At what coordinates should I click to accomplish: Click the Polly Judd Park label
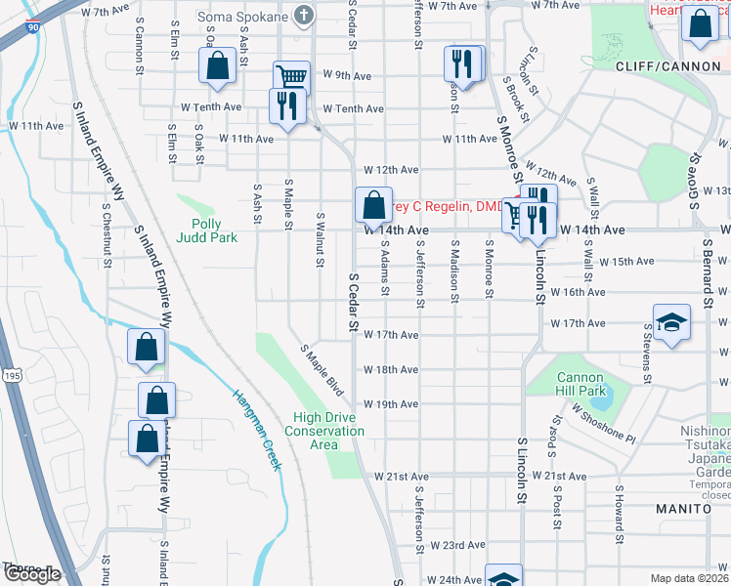pyautogui.click(x=207, y=230)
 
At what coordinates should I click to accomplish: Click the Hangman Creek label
pyautogui.click(x=257, y=430)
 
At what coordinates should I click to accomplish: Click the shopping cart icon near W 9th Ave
pyautogui.click(x=291, y=77)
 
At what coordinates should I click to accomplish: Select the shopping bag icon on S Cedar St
pyautogui.click(x=373, y=205)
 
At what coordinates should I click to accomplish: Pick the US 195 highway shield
pyautogui.click(x=11, y=349)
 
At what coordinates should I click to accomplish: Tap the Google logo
pyautogui.click(x=31, y=574)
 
